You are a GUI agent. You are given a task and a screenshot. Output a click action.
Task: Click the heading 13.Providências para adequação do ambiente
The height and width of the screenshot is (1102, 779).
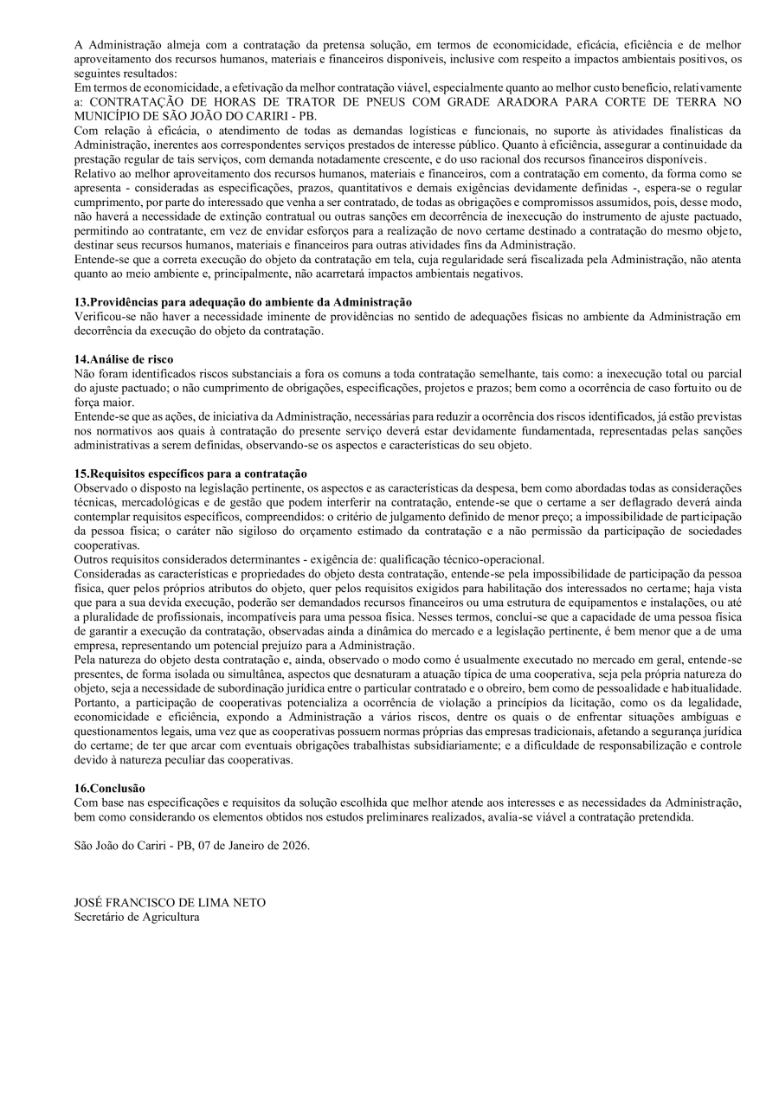tap(243, 302)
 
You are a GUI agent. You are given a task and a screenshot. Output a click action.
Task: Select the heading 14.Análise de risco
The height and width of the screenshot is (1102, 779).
tap(124, 358)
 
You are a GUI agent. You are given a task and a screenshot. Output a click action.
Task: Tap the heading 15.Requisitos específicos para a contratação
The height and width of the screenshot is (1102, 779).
tap(191, 474)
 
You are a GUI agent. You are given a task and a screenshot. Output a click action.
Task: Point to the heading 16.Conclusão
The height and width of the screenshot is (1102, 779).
tap(110, 788)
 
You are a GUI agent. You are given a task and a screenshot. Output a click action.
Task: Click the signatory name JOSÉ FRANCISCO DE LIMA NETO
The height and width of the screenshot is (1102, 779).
tap(171, 902)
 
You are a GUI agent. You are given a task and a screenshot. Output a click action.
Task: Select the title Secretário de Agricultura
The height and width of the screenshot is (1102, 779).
tap(137, 917)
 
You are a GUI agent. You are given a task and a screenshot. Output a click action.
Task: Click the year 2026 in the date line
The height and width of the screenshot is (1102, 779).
tap(295, 845)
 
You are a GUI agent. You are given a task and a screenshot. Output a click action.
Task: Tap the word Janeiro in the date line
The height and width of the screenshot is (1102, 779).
tap(243, 845)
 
